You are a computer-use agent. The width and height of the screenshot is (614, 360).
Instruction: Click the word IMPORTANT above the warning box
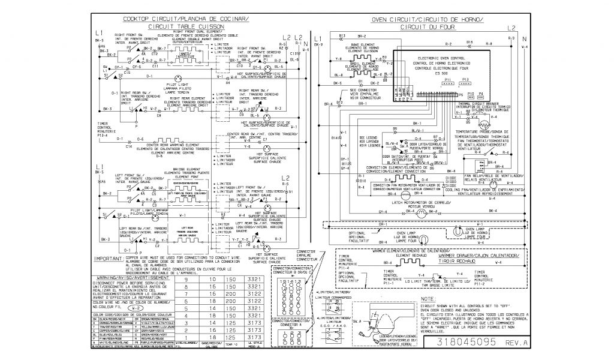(x=107, y=259)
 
